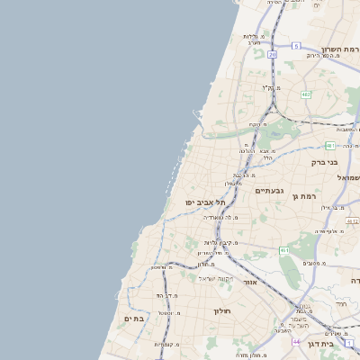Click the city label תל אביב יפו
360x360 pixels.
tap(206, 202)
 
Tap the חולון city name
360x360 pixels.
tap(222, 311)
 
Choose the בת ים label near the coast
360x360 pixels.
tap(133, 319)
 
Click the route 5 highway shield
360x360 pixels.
tap(295, 45)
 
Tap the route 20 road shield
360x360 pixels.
tap(272, 54)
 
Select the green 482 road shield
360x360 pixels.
tap(306, 94)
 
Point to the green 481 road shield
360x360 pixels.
tap(331, 146)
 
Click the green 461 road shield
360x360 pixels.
tap(284, 250)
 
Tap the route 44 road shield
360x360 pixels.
tap(296, 342)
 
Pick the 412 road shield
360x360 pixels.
tap(353, 220)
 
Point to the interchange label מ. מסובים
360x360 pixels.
tap(315, 263)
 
